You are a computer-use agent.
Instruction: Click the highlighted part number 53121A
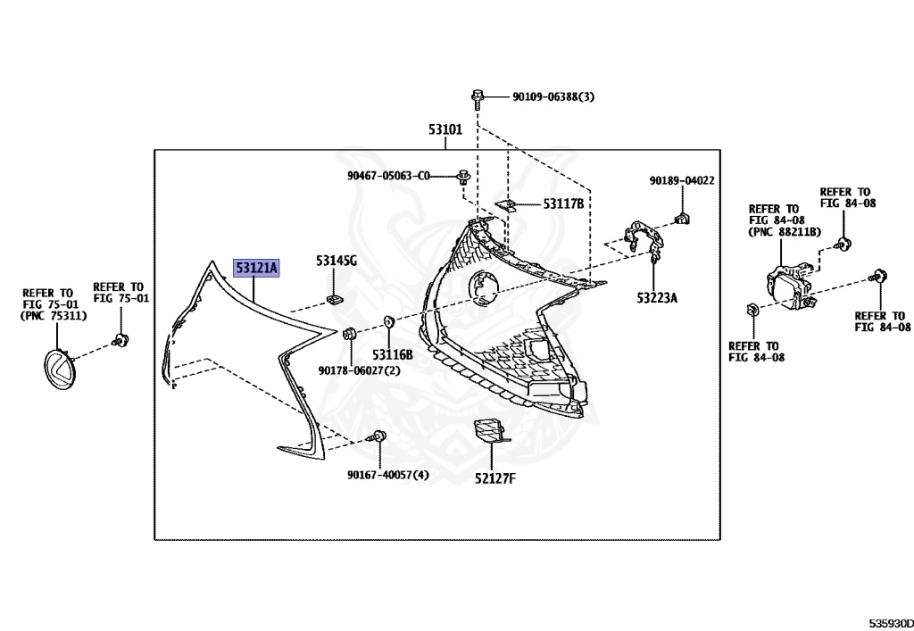[x=256, y=267]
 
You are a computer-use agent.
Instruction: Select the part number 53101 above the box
[x=445, y=130]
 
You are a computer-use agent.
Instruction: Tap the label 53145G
[x=336, y=262]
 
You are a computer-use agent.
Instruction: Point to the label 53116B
[x=393, y=354]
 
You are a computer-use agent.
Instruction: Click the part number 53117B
[x=563, y=204]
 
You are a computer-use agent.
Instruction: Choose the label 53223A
[x=657, y=297]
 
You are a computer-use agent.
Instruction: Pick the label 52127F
[x=495, y=479]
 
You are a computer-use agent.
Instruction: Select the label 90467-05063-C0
[x=389, y=176]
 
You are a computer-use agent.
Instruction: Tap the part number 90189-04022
[x=682, y=181]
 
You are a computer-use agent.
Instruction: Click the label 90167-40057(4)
[x=388, y=475]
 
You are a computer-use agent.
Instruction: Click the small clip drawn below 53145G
[x=334, y=298]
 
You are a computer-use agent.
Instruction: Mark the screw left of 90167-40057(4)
[x=378, y=437]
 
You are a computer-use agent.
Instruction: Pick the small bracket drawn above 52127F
[x=488, y=431]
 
